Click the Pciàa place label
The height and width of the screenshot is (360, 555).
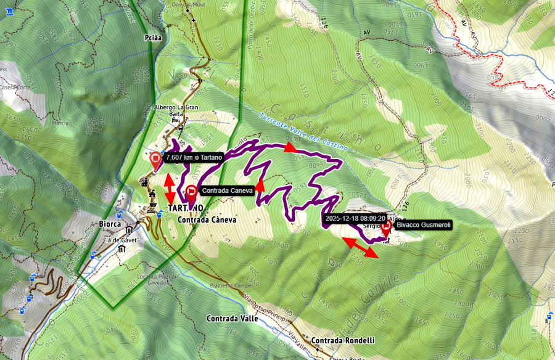pyautogui.click(x=152, y=38)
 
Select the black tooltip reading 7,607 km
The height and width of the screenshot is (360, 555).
pyautogui.click(x=194, y=157)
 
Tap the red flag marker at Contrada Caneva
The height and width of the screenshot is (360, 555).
pyautogui.click(x=191, y=193)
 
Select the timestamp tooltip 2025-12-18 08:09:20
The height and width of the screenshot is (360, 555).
pyautogui.click(x=355, y=218)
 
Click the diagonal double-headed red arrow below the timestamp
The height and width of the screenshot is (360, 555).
pyautogui.click(x=361, y=248)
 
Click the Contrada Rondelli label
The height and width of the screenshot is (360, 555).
pyautogui.click(x=342, y=341)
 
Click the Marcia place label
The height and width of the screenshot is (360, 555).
pyautogui.click(x=60, y=123)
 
